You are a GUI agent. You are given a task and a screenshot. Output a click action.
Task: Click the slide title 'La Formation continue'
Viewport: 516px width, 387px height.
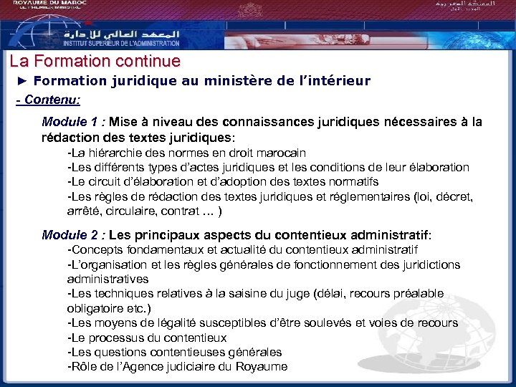click(95, 62)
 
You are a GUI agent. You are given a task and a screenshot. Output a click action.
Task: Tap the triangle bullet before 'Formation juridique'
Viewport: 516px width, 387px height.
click(21, 81)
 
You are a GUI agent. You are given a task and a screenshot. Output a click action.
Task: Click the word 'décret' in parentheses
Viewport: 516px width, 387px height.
click(453, 196)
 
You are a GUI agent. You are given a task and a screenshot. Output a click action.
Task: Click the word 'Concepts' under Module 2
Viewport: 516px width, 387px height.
click(96, 249)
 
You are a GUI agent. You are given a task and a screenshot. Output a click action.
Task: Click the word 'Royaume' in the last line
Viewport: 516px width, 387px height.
click(263, 366)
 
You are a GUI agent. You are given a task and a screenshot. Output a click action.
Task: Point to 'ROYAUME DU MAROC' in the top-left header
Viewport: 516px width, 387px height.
click(45, 4)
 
